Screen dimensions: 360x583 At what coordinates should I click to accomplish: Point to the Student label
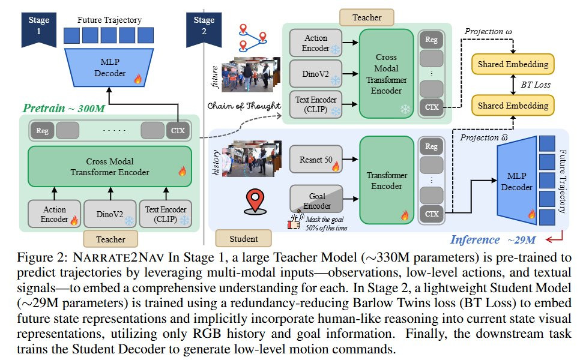(244, 239)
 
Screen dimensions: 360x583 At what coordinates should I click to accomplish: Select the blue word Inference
(474, 239)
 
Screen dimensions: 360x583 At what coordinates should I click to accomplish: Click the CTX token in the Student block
(430, 213)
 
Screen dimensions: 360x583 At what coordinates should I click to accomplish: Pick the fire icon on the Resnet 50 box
(335, 166)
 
